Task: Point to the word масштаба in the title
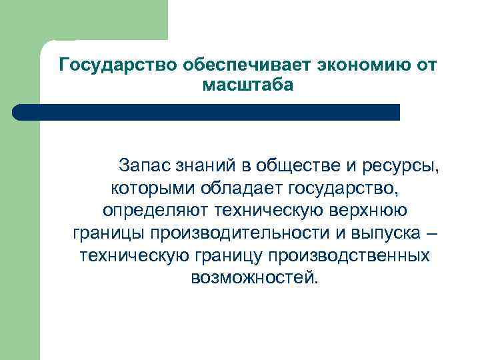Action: click(x=246, y=85)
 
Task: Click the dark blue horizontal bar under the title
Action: click(x=207, y=112)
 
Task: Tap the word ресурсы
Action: click(x=406, y=165)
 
